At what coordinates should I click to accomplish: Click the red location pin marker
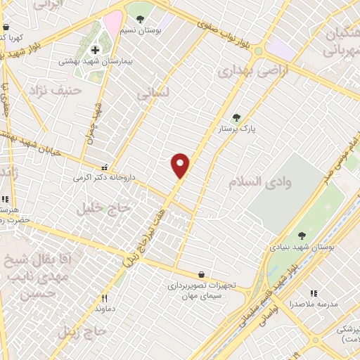tap(181, 165)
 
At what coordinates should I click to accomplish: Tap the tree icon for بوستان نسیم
tap(141, 19)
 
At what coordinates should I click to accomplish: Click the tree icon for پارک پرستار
tap(236, 118)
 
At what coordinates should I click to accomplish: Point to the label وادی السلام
tap(254, 182)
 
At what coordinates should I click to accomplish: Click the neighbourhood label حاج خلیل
tap(105, 208)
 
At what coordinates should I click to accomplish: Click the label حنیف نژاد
tap(56, 90)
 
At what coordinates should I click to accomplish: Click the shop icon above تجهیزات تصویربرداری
tap(202, 274)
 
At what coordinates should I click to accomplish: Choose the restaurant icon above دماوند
tap(105, 297)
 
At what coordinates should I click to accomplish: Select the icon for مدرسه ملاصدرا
tap(314, 292)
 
